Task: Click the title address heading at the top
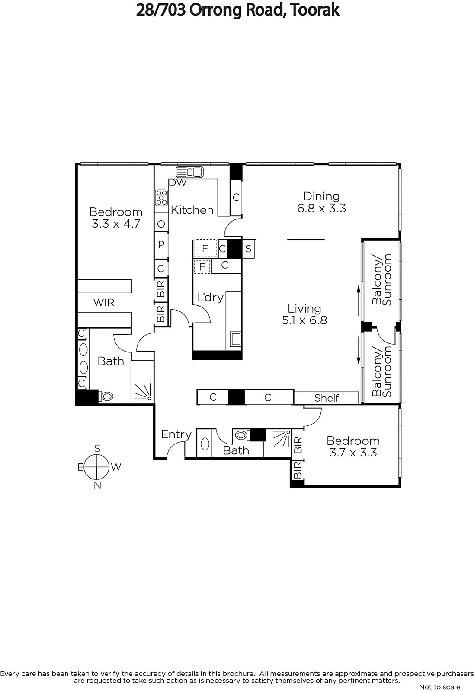coord(238,10)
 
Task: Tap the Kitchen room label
coord(192,210)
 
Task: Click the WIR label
coord(104,303)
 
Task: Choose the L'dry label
coord(210,298)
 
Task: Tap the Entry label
coord(176,434)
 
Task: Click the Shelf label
coord(327,398)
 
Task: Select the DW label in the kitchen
coord(178,183)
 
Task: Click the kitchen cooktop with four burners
coord(161,198)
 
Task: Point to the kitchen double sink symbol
coord(190,172)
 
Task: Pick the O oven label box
coord(161,224)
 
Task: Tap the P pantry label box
coord(161,245)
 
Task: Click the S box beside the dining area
coord(248,249)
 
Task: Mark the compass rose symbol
coord(97,467)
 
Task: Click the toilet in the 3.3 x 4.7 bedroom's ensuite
coord(106,396)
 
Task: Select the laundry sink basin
coord(236,339)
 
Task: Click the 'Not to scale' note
coord(439,687)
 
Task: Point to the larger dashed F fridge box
coord(205,248)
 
